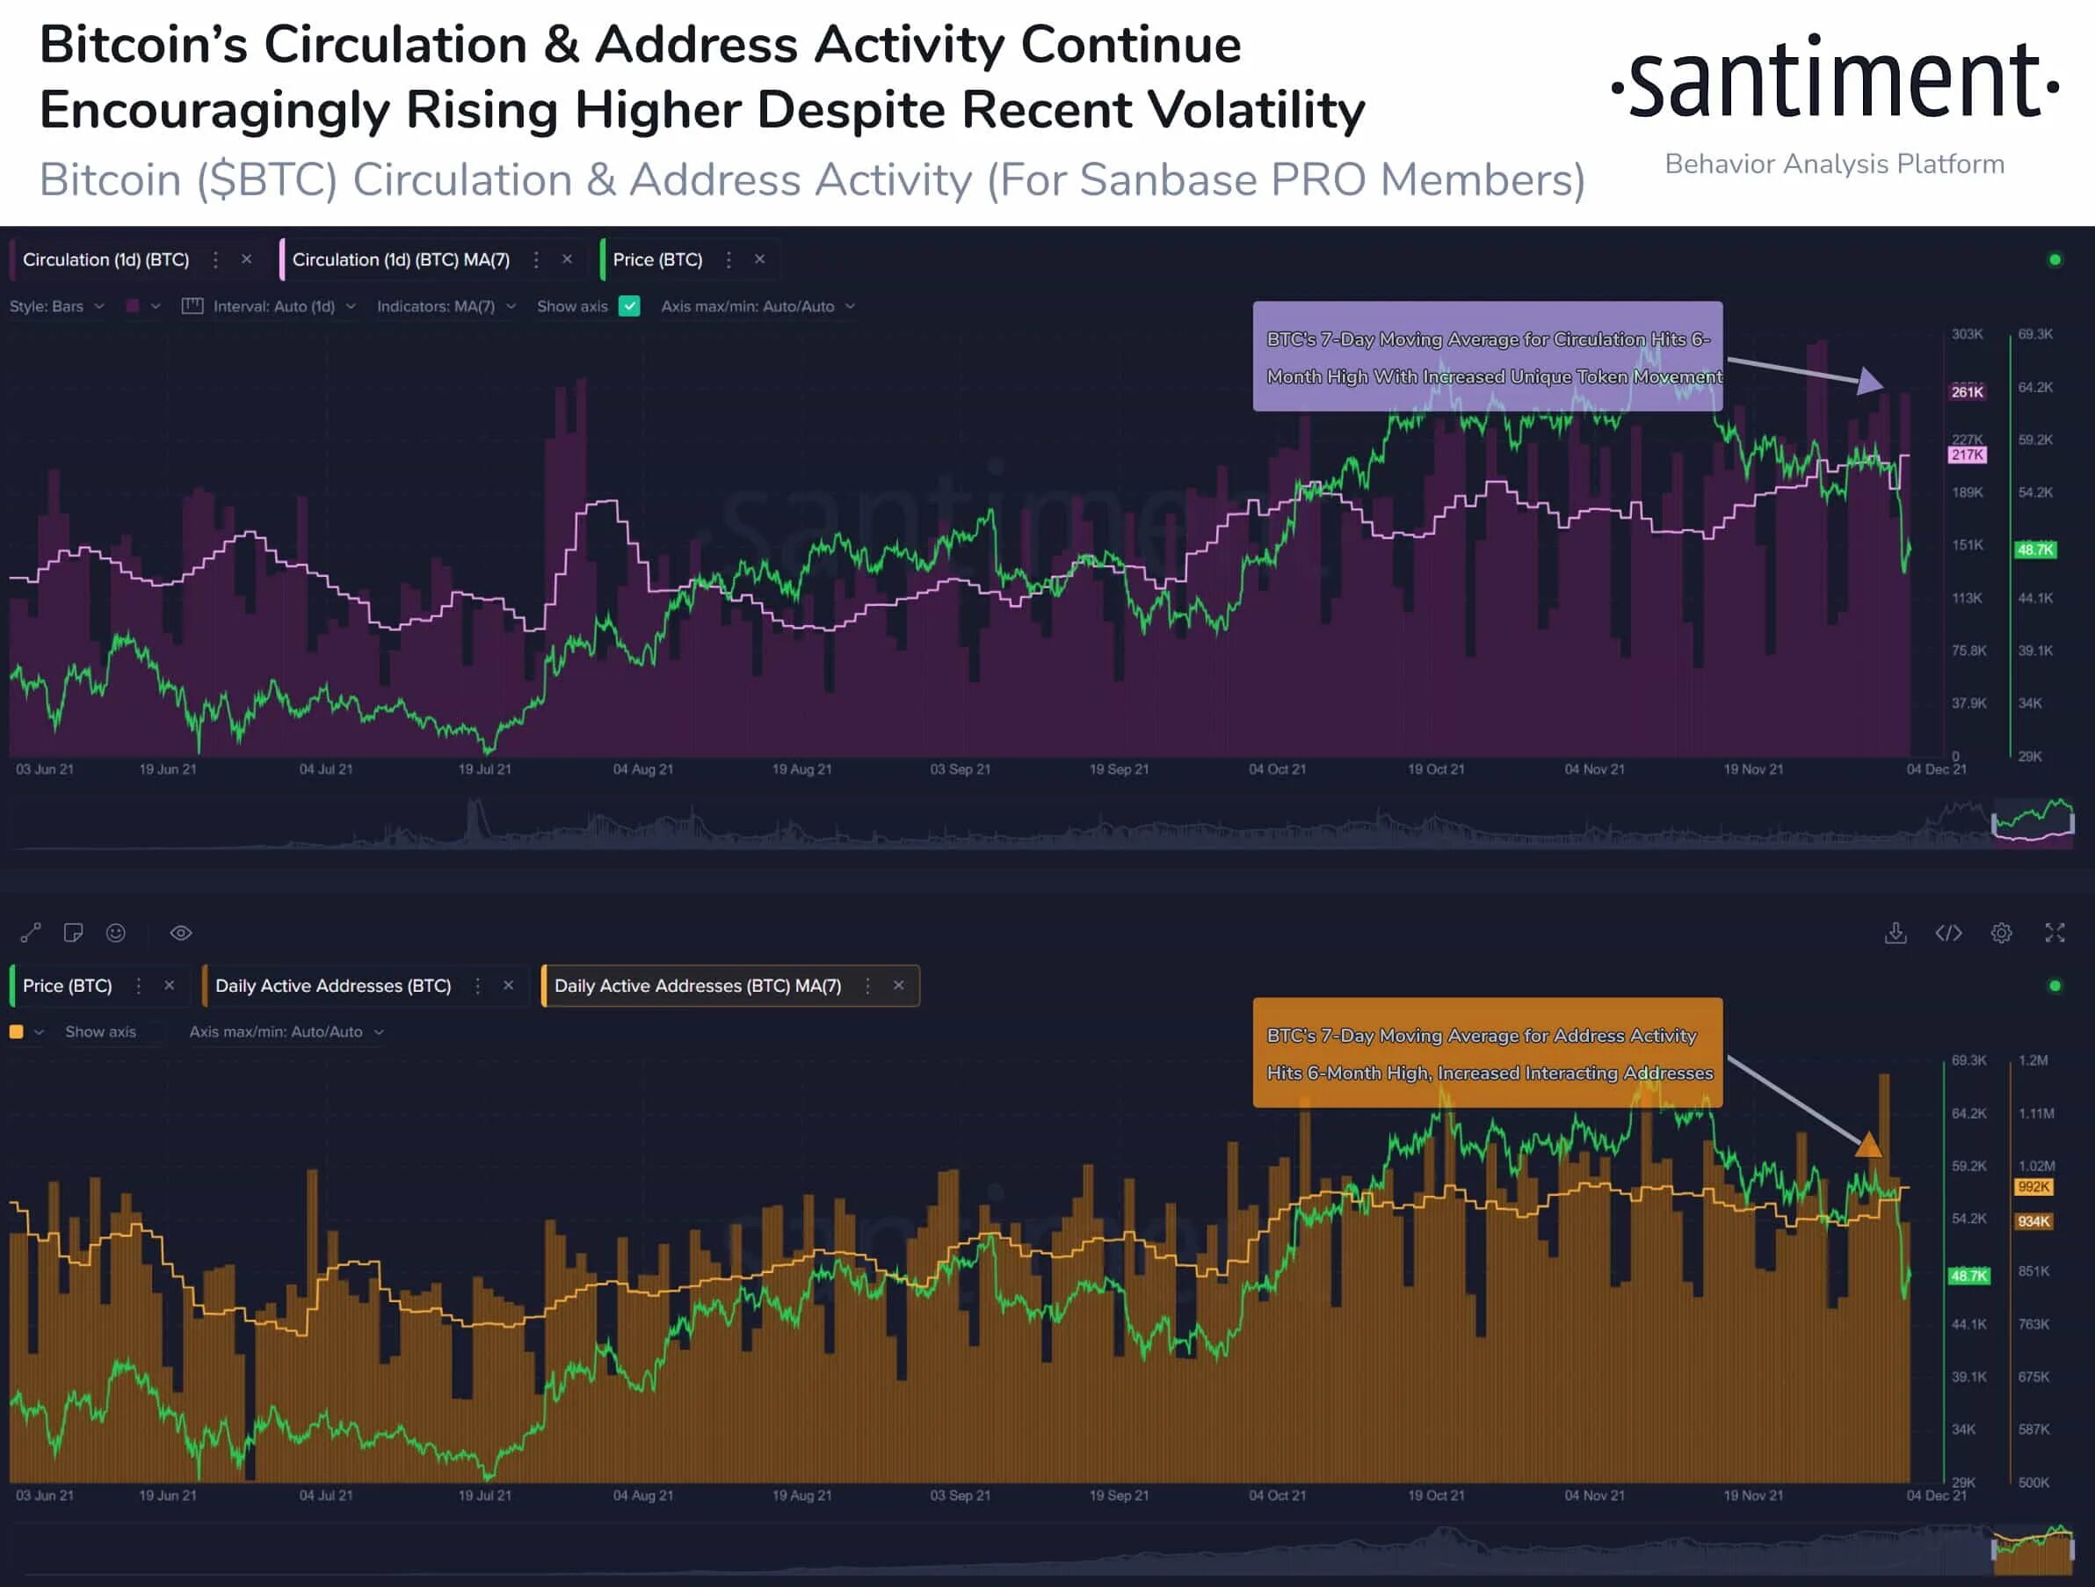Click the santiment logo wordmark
(x=1835, y=81)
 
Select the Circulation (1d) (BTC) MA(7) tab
(x=401, y=259)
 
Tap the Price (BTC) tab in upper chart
(x=657, y=259)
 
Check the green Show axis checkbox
(x=629, y=306)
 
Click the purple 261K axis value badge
(x=1968, y=392)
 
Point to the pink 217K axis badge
(x=1968, y=455)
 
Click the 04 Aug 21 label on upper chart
(x=643, y=769)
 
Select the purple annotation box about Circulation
(x=1487, y=356)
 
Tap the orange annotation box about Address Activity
(x=1487, y=1052)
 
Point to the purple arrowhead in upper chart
(x=1868, y=381)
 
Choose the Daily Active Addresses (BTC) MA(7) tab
(x=698, y=986)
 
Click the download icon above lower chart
(x=1896, y=933)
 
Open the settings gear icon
(x=2001, y=933)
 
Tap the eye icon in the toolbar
(x=181, y=933)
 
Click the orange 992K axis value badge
(x=2033, y=1187)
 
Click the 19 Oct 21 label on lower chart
(x=1436, y=1495)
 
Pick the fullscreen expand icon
(x=2055, y=933)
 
